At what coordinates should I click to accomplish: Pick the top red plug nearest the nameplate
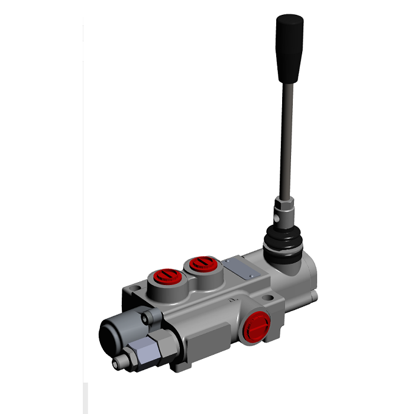[200, 265]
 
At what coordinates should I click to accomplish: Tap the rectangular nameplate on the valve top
[241, 270]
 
